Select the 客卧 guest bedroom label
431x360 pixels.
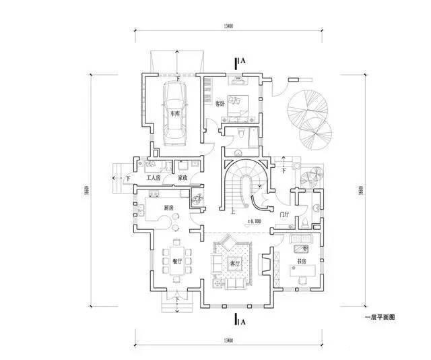pos(220,104)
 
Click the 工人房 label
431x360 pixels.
pos(154,178)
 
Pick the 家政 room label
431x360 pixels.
pos(182,178)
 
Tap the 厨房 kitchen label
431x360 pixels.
pos(169,208)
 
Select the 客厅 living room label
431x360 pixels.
pos(235,264)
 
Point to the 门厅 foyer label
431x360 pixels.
pos(284,214)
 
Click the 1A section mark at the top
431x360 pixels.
pos(240,61)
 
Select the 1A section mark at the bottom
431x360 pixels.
pos(240,322)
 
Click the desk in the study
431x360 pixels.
pos(302,270)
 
